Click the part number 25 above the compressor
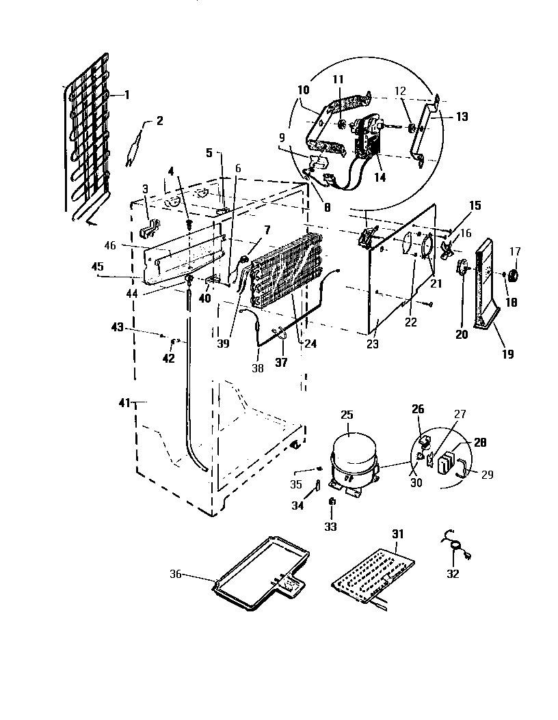347,415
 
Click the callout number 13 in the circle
463,117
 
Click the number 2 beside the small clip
159,122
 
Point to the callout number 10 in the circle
304,89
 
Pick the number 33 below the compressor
332,527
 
